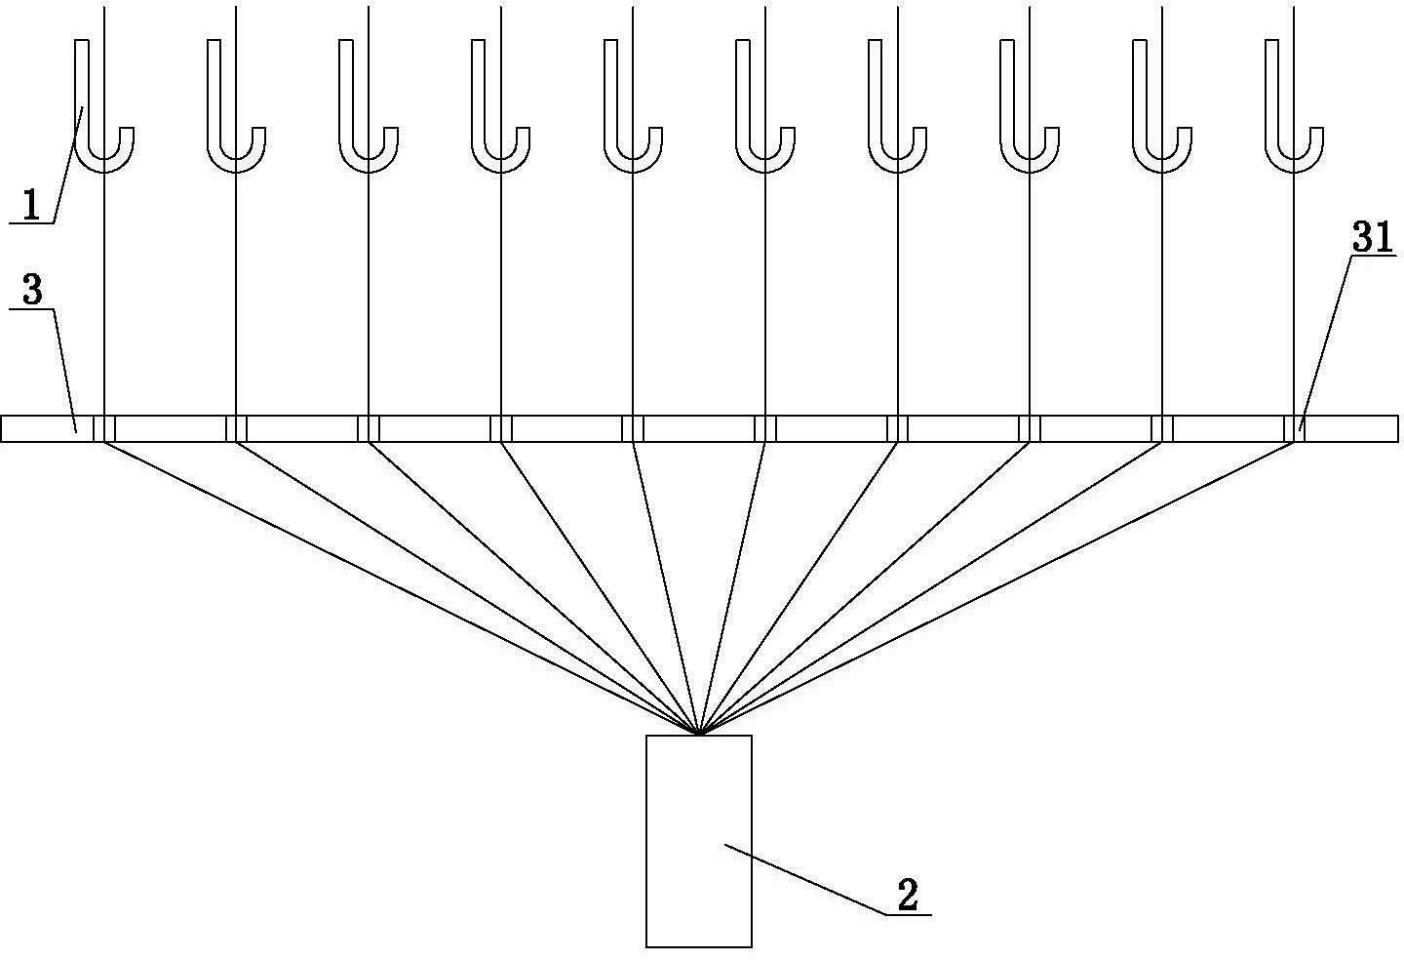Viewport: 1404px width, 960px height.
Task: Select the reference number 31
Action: (1372, 236)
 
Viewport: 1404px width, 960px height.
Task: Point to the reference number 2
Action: (908, 895)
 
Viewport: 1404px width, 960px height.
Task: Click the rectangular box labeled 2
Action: (699, 841)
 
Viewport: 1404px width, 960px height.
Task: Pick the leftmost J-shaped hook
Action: (103, 105)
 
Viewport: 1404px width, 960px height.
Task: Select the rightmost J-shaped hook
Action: (1295, 105)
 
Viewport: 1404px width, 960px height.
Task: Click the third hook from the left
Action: (368, 105)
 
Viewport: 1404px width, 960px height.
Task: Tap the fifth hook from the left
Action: (633, 105)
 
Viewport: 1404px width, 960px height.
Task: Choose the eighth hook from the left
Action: (1030, 105)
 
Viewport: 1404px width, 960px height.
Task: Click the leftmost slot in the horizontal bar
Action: (104, 429)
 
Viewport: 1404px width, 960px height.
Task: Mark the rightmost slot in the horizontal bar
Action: (1295, 429)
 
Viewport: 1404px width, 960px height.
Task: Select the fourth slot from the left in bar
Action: (501, 429)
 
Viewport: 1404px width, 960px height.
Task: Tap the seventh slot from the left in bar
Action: (898, 429)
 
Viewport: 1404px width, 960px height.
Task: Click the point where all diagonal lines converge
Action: (698, 733)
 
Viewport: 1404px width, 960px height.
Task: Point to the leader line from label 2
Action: (828, 880)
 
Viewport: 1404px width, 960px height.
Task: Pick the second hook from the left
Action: (236, 105)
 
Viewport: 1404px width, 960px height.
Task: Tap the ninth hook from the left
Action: (1162, 105)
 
